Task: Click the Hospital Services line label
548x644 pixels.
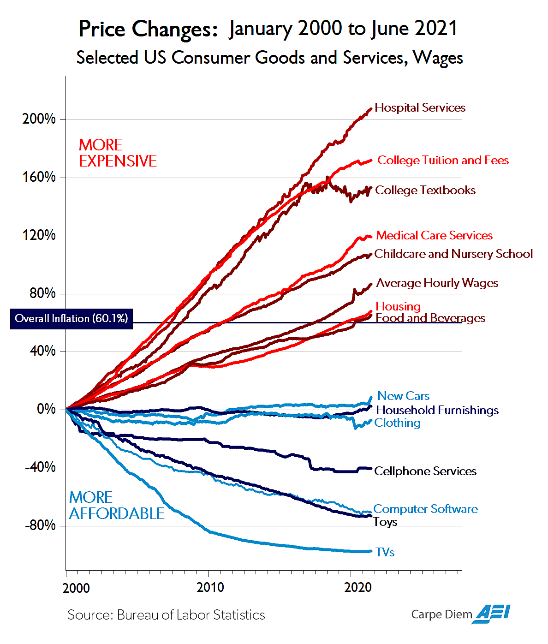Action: (x=420, y=108)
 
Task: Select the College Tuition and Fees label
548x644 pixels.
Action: (x=443, y=161)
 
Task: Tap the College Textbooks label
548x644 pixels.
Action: (x=425, y=191)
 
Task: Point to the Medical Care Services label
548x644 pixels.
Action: (x=434, y=236)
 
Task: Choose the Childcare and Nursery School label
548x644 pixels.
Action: (x=453, y=254)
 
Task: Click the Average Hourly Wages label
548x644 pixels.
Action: (x=437, y=283)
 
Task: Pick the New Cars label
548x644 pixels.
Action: (x=403, y=396)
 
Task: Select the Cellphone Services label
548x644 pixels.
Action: (x=425, y=471)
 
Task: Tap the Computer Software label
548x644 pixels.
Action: (x=425, y=509)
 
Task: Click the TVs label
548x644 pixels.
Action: (x=385, y=553)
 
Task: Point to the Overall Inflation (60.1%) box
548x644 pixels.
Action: (x=71, y=319)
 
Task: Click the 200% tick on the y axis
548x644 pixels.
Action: (x=39, y=119)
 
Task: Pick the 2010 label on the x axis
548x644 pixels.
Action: (x=210, y=588)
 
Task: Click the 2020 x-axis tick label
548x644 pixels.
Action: (x=358, y=588)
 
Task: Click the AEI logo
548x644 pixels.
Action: (x=493, y=614)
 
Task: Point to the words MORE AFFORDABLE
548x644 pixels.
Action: (x=116, y=506)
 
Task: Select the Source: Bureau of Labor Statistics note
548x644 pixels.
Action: (x=166, y=615)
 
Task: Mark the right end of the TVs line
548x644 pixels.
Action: (x=370, y=551)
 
